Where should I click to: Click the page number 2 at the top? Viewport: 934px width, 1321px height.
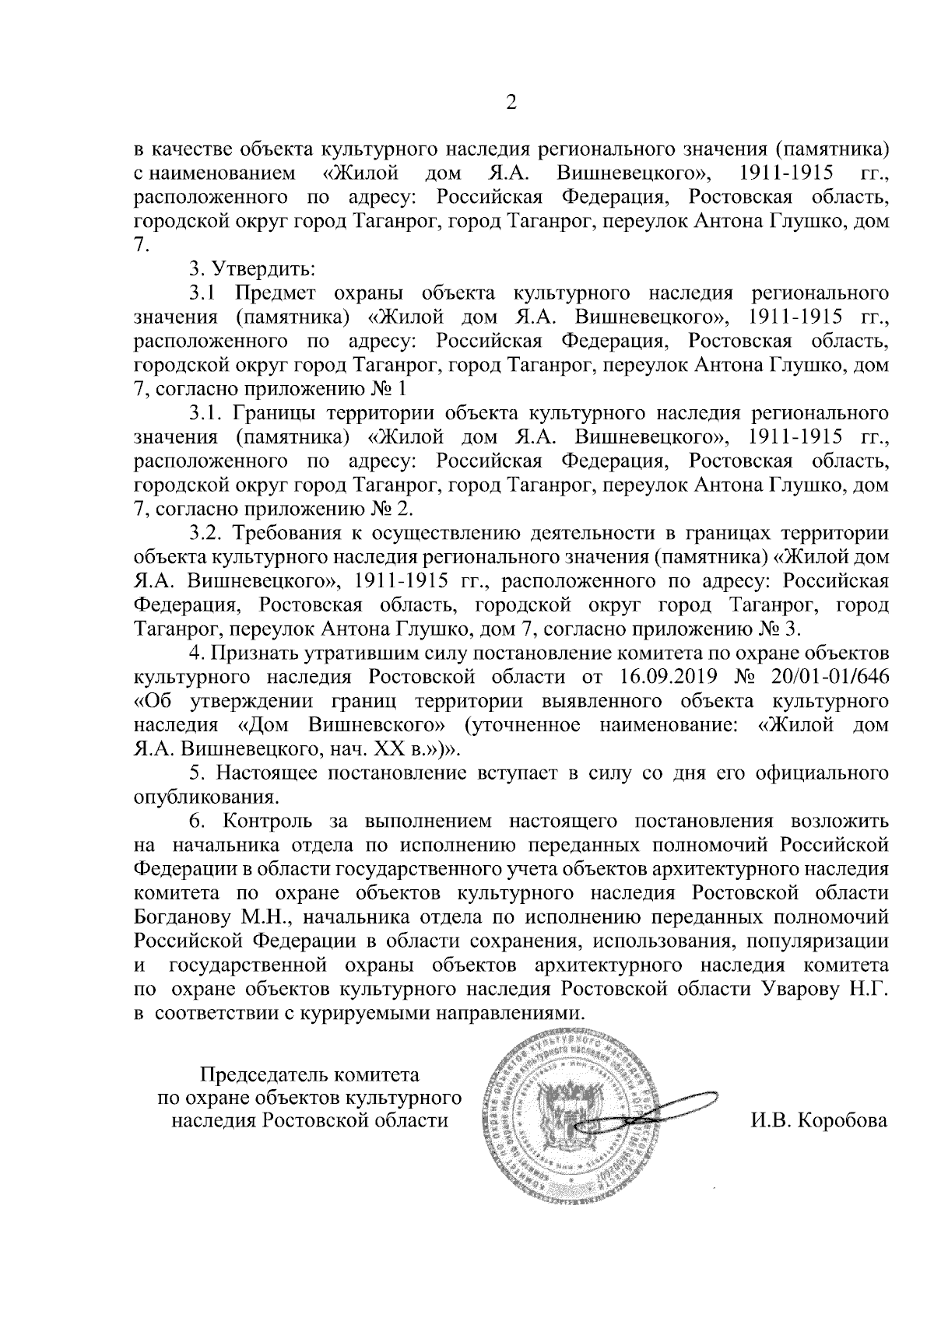click(511, 103)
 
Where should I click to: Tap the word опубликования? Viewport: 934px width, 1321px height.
click(205, 797)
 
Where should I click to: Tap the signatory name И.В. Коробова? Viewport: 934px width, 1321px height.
click(818, 1121)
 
